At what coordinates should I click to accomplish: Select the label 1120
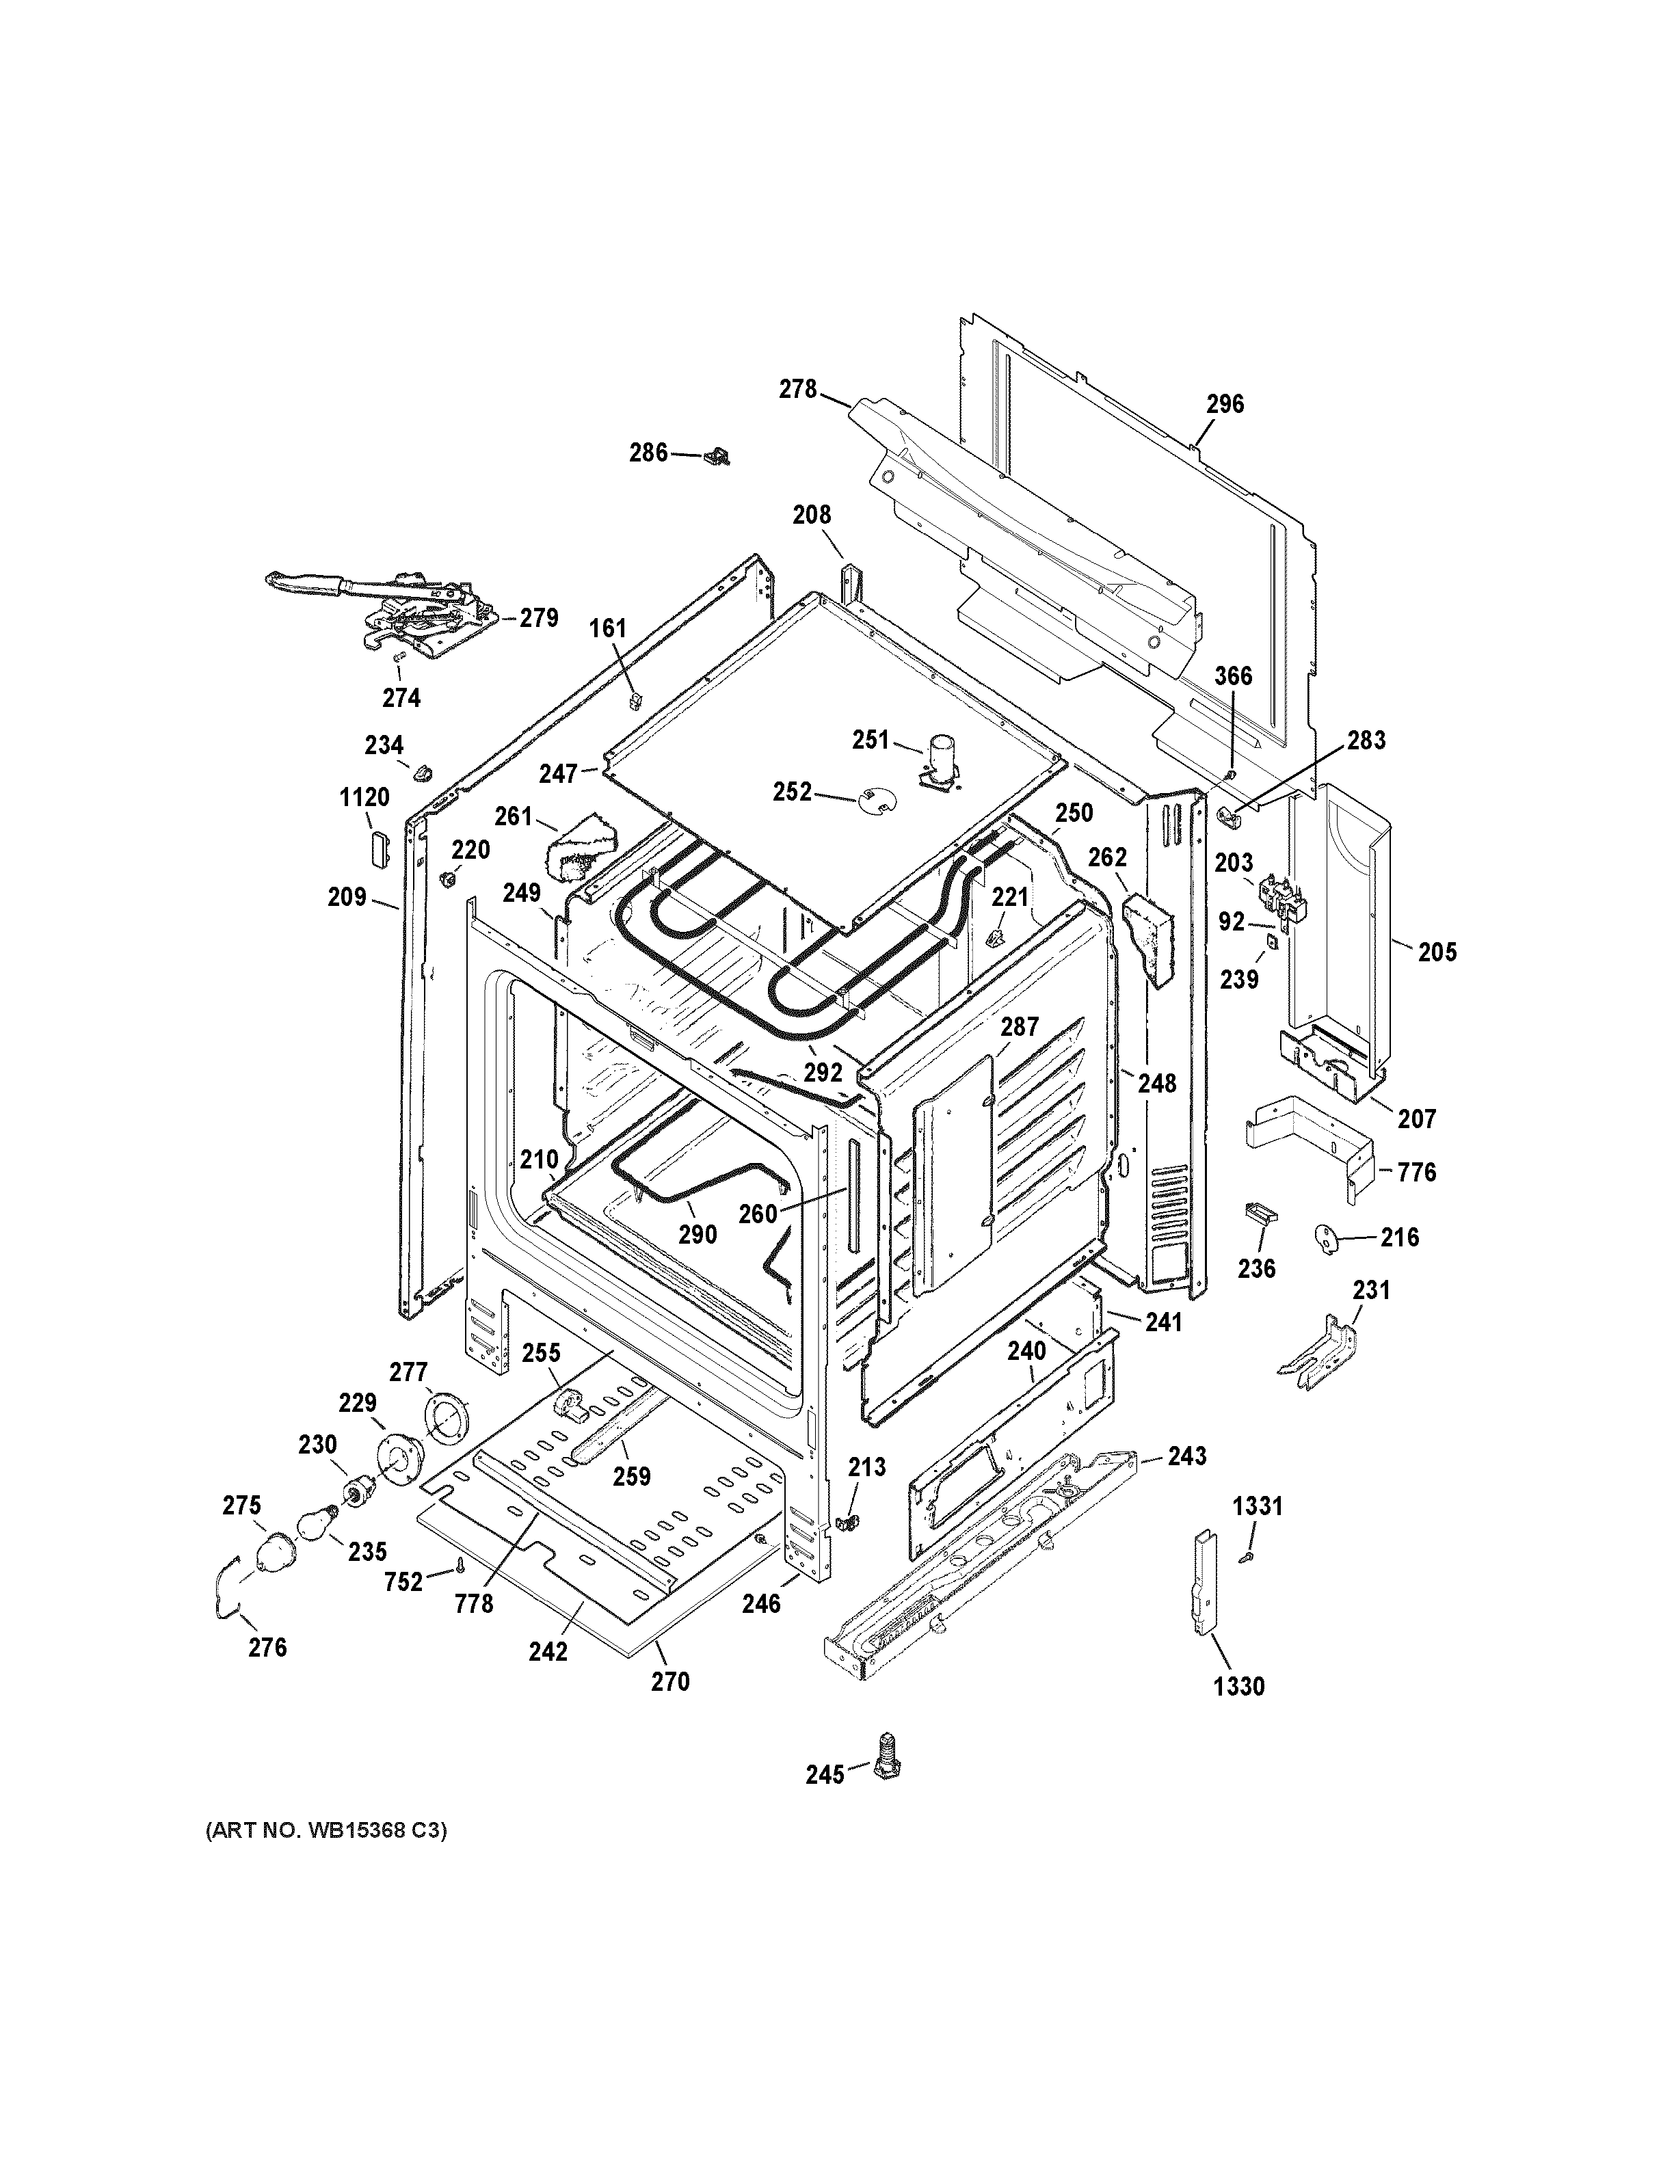coord(364,797)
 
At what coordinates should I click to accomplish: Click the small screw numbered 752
coord(461,1565)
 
